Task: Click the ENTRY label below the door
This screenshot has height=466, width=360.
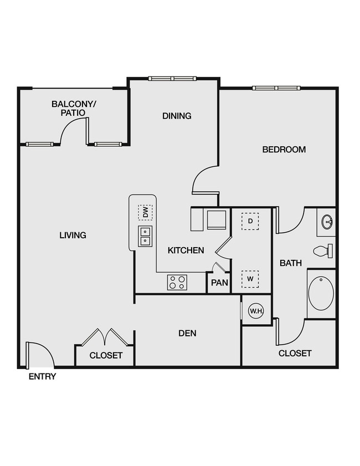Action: click(x=43, y=377)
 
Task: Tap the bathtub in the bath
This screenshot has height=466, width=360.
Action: click(x=321, y=294)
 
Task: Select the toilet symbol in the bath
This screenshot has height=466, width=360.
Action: click(x=322, y=250)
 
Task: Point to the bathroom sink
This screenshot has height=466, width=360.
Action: click(x=327, y=222)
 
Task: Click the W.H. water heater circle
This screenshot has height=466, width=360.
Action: click(x=256, y=311)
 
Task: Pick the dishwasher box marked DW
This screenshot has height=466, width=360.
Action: click(x=145, y=212)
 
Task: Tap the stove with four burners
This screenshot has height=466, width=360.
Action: click(x=177, y=283)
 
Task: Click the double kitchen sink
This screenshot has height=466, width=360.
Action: click(x=145, y=236)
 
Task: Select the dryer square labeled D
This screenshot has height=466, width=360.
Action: click(x=250, y=221)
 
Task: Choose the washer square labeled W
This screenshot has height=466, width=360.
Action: click(x=250, y=278)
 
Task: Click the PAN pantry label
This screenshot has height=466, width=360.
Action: click(x=220, y=283)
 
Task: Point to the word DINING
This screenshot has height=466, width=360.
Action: click(x=177, y=116)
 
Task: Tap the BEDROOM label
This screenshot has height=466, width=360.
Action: click(x=284, y=149)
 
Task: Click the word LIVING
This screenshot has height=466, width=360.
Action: click(x=73, y=235)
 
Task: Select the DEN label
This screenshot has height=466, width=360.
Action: click(x=187, y=333)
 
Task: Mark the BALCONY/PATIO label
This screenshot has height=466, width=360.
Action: click(x=74, y=108)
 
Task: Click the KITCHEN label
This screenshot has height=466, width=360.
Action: click(x=186, y=250)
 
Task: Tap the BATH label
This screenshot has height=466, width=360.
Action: click(x=290, y=263)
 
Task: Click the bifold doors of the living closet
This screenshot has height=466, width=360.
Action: click(x=105, y=337)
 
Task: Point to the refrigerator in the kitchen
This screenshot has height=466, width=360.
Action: click(x=216, y=219)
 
